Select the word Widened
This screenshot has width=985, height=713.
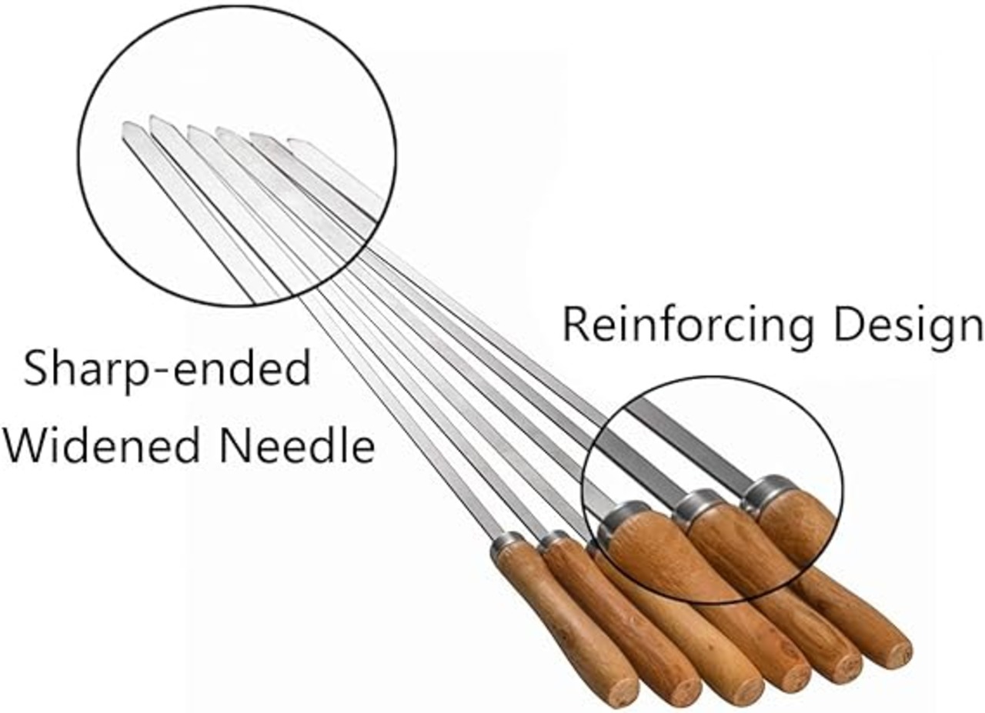(102, 447)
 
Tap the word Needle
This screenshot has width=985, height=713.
(297, 447)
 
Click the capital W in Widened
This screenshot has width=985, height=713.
(30, 446)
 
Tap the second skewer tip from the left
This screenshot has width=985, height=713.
(152, 118)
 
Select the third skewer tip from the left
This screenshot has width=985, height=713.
(189, 128)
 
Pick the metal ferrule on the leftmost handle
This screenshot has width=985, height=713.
(506, 541)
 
